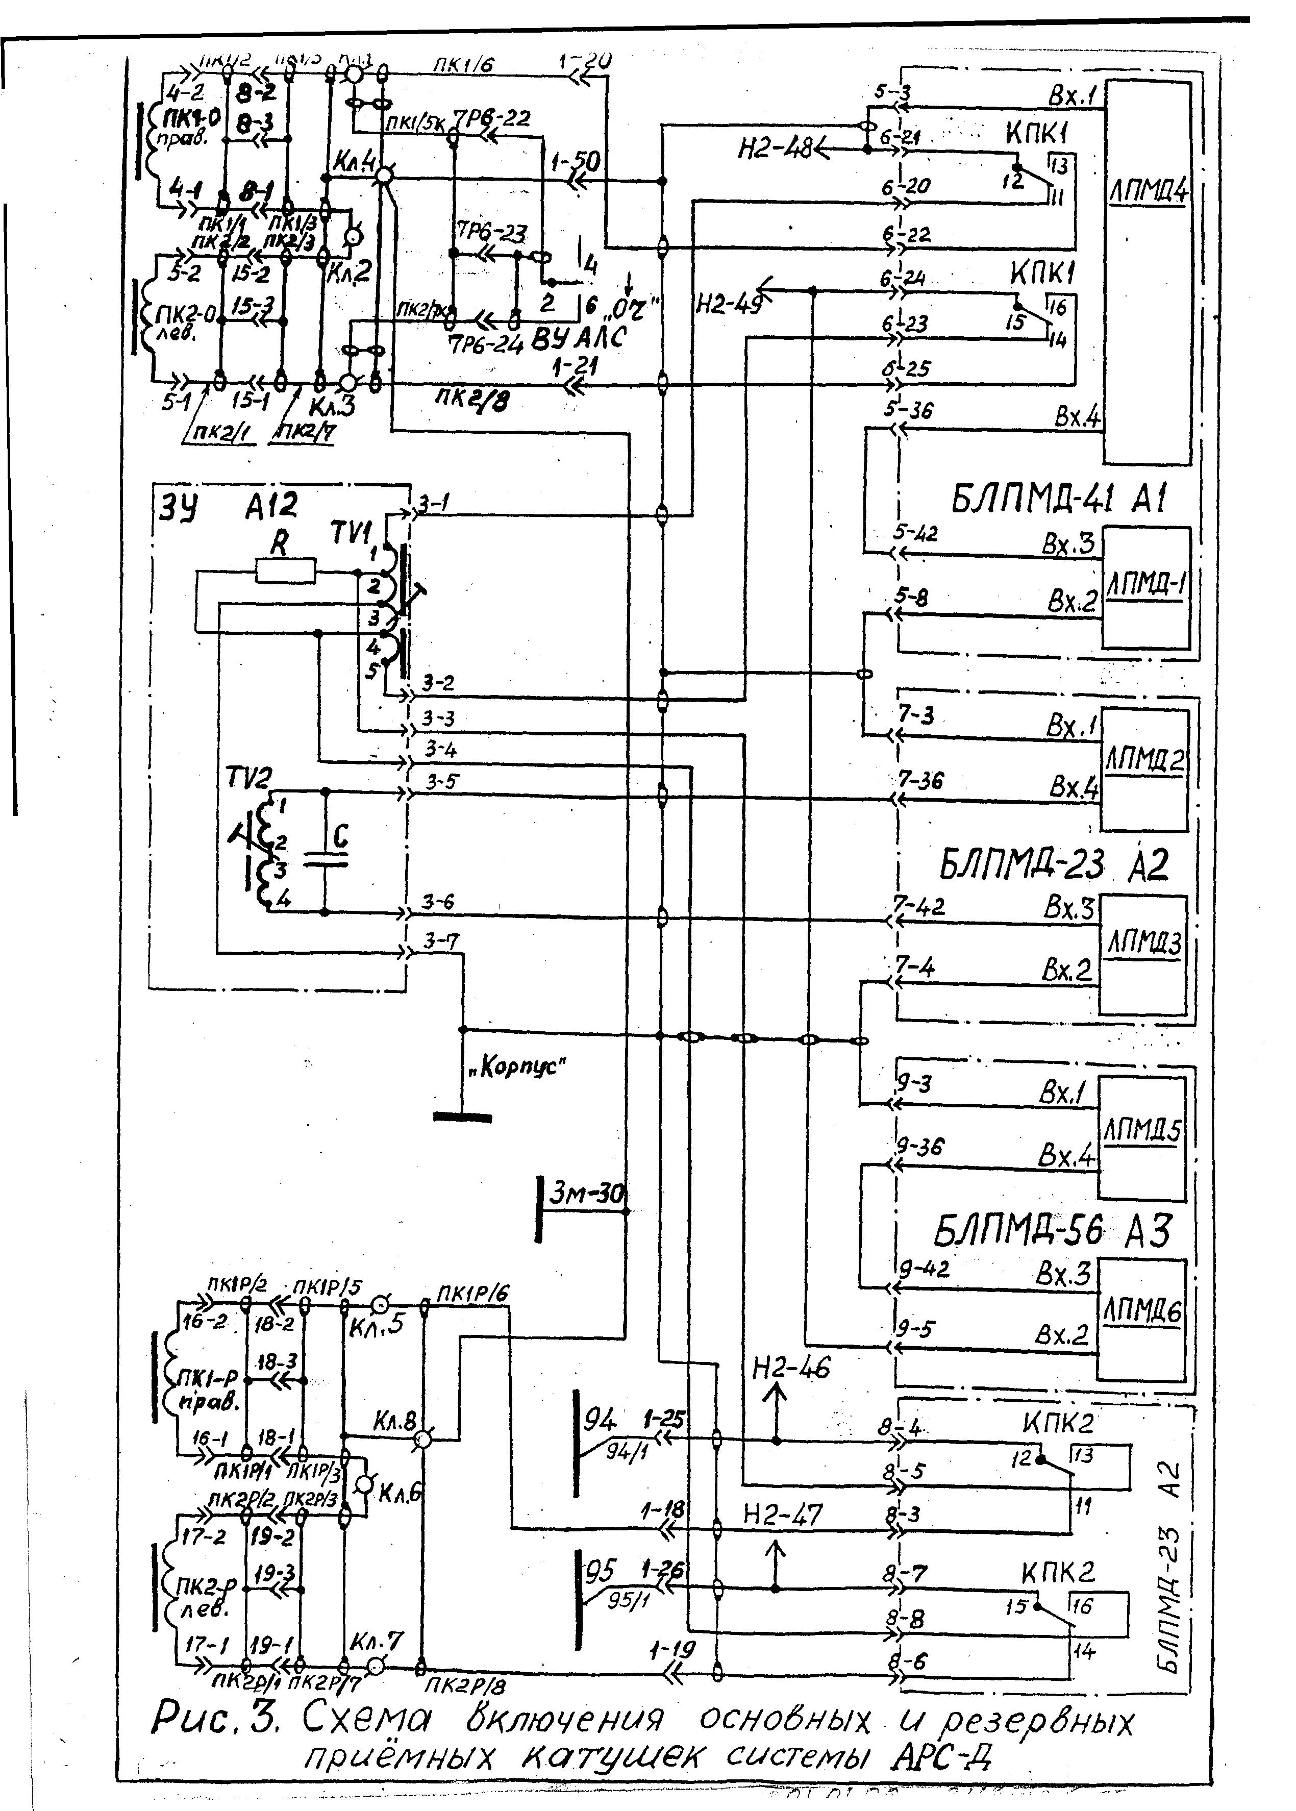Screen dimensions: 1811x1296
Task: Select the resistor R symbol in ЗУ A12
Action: coord(285,570)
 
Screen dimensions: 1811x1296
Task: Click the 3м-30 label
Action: coord(587,1194)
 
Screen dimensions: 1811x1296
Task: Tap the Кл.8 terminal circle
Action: coord(423,1440)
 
